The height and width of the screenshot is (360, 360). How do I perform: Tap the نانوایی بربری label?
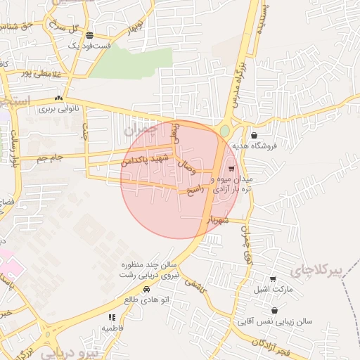(56, 109)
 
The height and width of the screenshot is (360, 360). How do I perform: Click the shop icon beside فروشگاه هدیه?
(254, 135)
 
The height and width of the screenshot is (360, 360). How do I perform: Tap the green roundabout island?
(224, 131)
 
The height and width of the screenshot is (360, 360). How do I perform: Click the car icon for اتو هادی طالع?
(146, 290)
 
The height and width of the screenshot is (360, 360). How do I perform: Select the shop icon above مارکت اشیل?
(274, 279)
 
